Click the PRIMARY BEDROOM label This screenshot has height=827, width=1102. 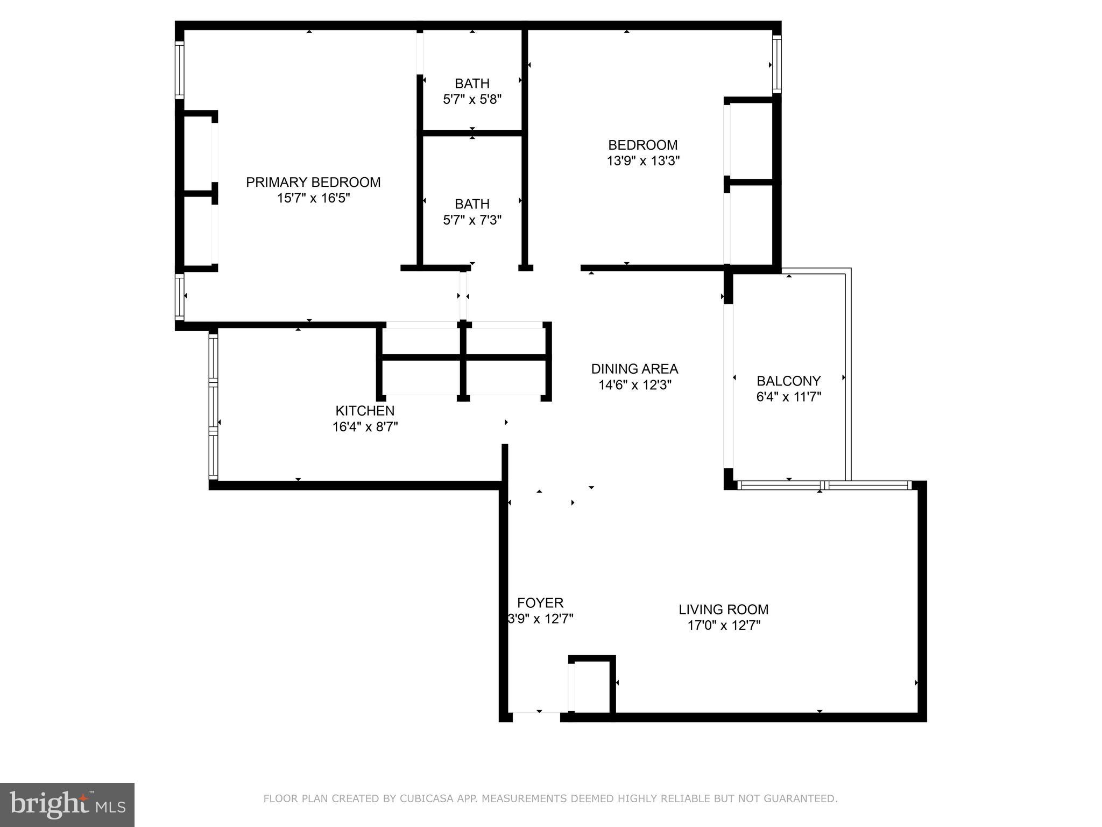click(x=313, y=182)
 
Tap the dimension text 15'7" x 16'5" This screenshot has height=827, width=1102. click(x=313, y=198)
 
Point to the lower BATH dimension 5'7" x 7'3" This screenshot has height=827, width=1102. click(x=472, y=220)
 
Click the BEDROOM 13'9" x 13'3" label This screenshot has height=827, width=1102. click(x=643, y=152)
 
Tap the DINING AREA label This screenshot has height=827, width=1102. click(x=634, y=369)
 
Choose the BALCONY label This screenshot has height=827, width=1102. click(x=788, y=381)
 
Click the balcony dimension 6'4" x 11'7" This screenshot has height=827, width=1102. click(x=788, y=397)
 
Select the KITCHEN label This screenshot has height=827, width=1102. click(x=365, y=410)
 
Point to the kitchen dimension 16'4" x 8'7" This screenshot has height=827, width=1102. click(x=365, y=427)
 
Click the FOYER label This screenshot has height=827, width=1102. click(x=540, y=602)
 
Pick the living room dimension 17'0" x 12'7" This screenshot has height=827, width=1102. click(x=723, y=625)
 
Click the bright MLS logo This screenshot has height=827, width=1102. click(x=67, y=804)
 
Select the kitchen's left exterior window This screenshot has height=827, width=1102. click(x=213, y=407)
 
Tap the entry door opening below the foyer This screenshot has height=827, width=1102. click(x=536, y=716)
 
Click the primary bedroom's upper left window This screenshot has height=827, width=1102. click(x=180, y=70)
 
